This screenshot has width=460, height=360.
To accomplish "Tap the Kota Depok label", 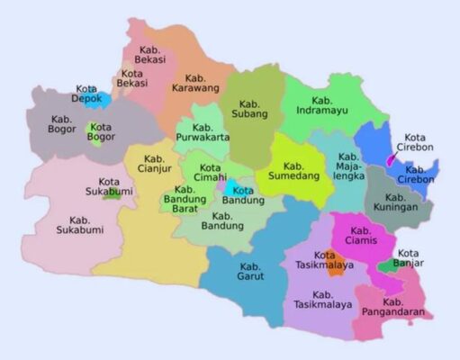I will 87,93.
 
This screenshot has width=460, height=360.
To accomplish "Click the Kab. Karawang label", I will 203,85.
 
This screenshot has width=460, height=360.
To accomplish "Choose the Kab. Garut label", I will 250,273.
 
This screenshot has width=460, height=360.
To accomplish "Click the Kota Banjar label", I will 408,258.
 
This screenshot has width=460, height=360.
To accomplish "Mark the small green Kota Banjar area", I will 390,265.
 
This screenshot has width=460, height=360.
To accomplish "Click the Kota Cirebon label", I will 416,143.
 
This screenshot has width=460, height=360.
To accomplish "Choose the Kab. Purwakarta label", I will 203,132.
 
